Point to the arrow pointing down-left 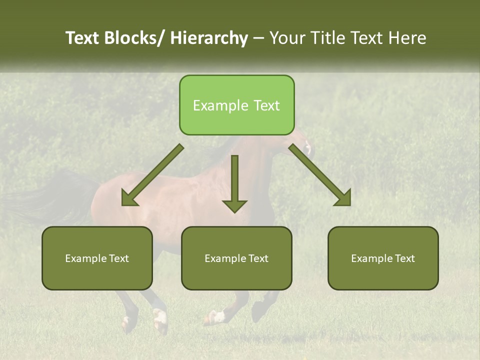[x=152, y=175]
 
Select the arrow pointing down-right [x=320, y=175]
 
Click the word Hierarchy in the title [x=208, y=38]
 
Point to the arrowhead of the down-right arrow [x=342, y=197]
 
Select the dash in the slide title [x=258, y=38]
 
